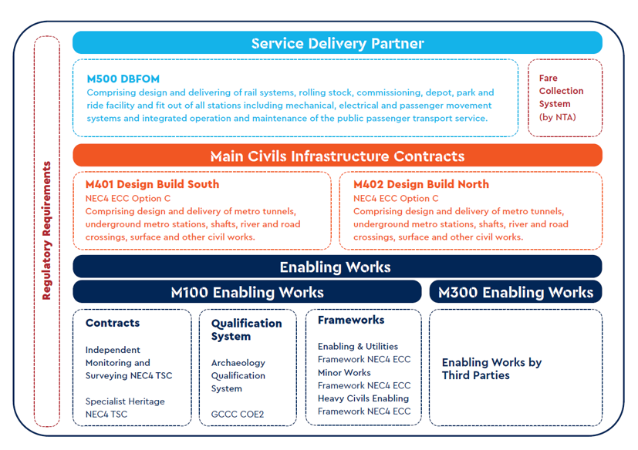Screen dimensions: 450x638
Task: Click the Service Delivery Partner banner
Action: coord(337,43)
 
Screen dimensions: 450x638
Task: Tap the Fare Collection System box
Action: coord(565,97)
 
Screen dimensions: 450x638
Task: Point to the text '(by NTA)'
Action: coord(557,117)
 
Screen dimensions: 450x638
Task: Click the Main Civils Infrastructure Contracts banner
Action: coord(337,156)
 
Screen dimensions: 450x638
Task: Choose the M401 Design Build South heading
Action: coord(152,184)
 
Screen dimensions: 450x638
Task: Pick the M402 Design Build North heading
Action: coord(420,184)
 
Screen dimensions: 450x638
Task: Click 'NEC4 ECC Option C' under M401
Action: coord(127,198)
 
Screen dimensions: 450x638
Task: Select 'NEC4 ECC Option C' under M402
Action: coord(396,198)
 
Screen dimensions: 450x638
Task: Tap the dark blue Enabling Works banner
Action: coord(337,267)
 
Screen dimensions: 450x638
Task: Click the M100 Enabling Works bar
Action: coord(247,292)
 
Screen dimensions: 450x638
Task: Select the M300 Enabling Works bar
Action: coord(515,292)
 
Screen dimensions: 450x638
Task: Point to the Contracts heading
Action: coord(113,323)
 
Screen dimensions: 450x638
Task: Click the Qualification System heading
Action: coord(246,330)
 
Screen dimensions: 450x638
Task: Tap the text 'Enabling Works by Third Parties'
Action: coord(491,368)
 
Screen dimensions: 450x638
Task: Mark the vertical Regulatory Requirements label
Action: coord(47,230)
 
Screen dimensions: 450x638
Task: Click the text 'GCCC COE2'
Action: coord(237,415)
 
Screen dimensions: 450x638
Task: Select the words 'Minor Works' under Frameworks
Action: coord(344,372)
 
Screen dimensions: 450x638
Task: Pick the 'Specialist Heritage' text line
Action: coord(124,401)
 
